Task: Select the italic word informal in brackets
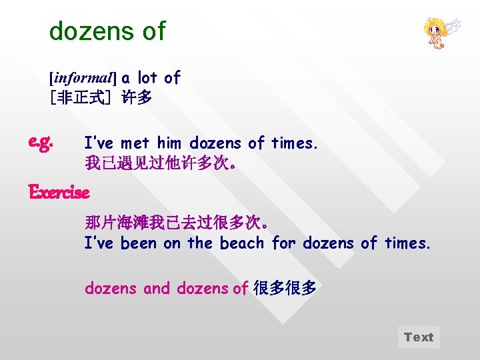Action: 83,79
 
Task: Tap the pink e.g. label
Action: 41,142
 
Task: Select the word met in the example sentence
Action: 135,143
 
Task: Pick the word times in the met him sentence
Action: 294,143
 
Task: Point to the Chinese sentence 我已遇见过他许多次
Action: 159,162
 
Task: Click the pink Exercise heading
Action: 59,193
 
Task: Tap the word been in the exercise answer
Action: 138,243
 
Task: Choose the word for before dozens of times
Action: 284,243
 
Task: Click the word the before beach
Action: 199,243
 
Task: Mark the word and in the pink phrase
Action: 157,289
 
